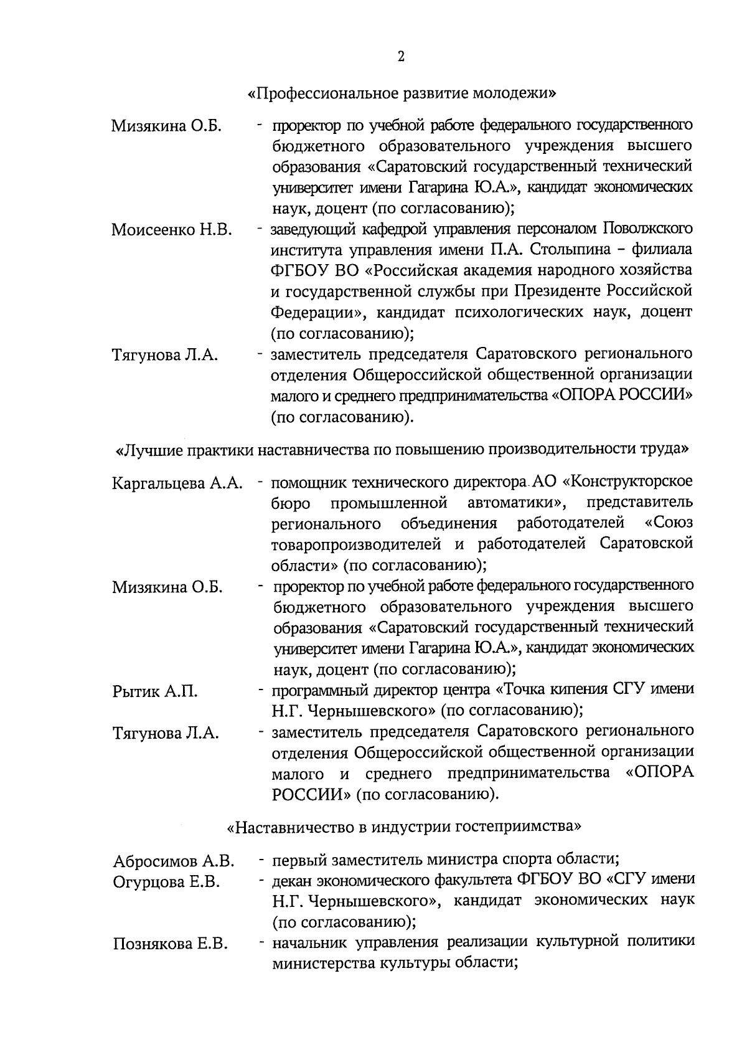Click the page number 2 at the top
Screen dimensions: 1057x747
tap(401, 57)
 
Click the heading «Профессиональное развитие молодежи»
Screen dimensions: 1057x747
tap(401, 94)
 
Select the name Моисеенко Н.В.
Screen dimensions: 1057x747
tap(172, 230)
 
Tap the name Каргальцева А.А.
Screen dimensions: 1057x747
tap(177, 484)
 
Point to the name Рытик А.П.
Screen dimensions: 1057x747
tap(155, 691)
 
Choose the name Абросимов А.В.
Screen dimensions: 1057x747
tap(174, 861)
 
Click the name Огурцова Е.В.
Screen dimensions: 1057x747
tap(166, 883)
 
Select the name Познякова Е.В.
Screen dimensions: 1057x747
tap(170, 944)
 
